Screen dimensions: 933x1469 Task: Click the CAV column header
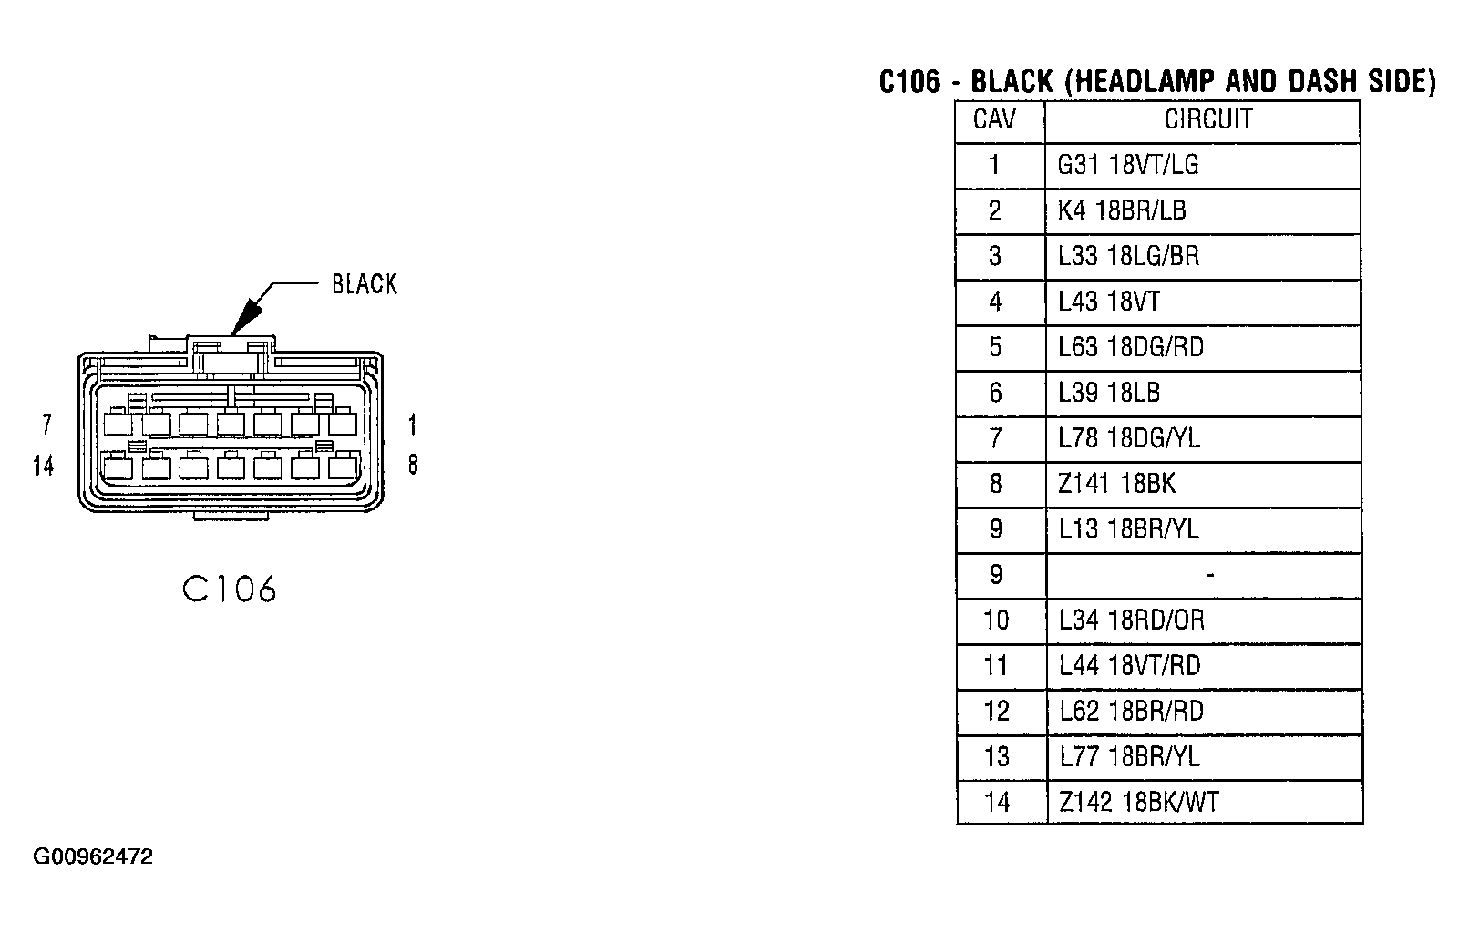tap(994, 119)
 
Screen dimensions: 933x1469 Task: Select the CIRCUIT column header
tap(1208, 119)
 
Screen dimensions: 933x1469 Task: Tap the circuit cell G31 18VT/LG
tap(1128, 165)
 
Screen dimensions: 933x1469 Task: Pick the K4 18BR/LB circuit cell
tap(1122, 210)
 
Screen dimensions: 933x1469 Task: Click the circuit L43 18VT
tap(1109, 302)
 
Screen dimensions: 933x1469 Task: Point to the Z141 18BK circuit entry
tap(1117, 483)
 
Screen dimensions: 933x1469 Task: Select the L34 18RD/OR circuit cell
tap(1132, 620)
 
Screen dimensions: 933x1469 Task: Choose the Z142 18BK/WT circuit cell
tap(1139, 802)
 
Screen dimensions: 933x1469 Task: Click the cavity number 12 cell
tap(997, 711)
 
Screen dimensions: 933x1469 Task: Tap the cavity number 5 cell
tap(995, 347)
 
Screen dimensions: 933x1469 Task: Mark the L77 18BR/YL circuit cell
tap(1130, 756)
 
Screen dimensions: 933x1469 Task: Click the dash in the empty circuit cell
tap(1209, 576)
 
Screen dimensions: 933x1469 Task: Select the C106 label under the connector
tap(229, 589)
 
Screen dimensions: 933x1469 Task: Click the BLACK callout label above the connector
tap(365, 284)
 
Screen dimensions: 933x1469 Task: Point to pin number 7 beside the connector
tap(47, 425)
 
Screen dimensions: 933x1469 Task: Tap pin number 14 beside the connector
tap(44, 466)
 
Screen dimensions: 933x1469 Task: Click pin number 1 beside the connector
tap(413, 425)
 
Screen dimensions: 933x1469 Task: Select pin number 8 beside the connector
tap(413, 465)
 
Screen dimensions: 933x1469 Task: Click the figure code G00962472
tap(94, 856)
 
